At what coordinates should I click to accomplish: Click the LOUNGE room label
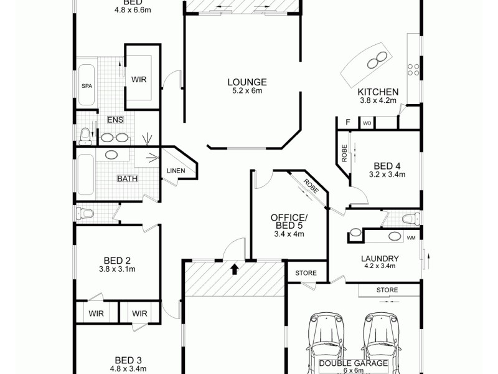click(x=247, y=82)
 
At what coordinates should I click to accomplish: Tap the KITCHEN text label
click(x=378, y=92)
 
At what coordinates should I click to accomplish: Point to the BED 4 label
click(x=387, y=166)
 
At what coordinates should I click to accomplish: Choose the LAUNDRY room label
click(x=380, y=259)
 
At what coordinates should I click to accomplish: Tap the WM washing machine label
click(x=411, y=238)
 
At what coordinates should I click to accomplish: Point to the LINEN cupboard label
click(x=175, y=171)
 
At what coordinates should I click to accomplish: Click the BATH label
click(x=128, y=179)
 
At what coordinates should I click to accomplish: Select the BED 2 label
click(x=116, y=261)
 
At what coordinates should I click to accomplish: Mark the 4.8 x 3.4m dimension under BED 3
click(x=129, y=368)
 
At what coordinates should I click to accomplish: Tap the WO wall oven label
click(x=367, y=123)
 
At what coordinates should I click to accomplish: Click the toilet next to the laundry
click(x=409, y=218)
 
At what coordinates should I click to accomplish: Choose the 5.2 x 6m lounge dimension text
click(x=247, y=91)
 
